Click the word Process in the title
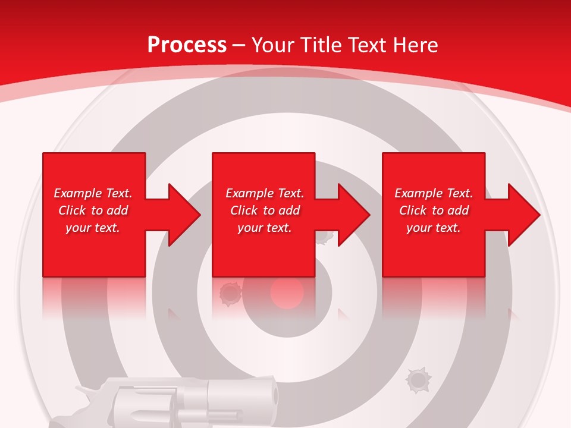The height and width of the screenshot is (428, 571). [x=187, y=45]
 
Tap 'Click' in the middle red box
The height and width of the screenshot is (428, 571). [x=244, y=210]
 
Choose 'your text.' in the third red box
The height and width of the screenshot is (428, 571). [x=434, y=228]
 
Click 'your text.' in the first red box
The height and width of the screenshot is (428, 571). [x=93, y=228]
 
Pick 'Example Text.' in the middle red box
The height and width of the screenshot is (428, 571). [x=265, y=193]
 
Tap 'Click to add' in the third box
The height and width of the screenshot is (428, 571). [x=434, y=210]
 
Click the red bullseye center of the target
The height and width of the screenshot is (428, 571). [x=287, y=293]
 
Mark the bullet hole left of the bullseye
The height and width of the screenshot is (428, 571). [x=228, y=292]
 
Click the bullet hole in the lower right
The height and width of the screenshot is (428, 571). [x=418, y=379]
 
